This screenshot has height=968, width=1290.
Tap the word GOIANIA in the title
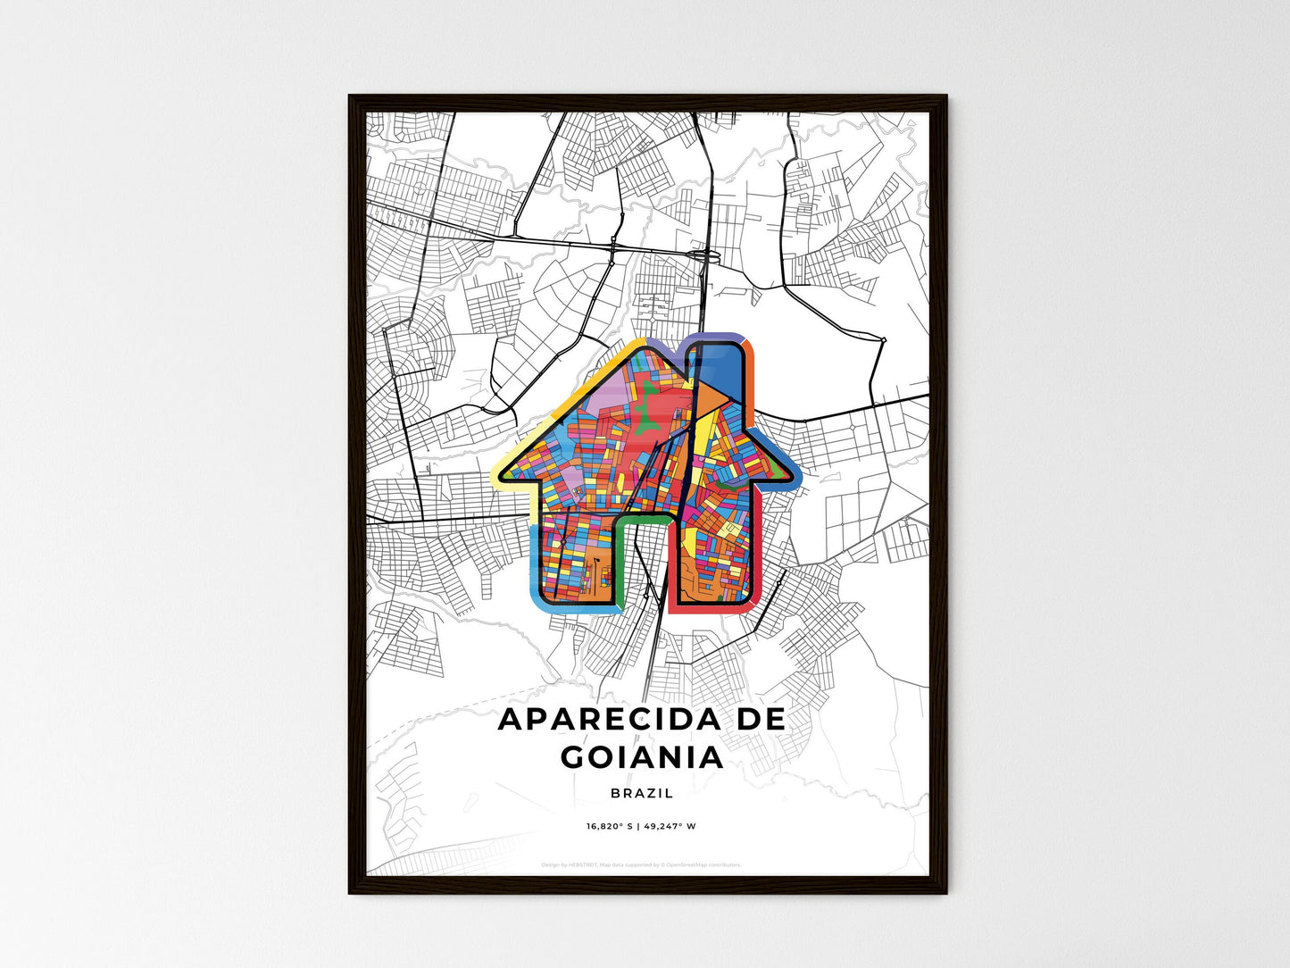pyautogui.click(x=642, y=757)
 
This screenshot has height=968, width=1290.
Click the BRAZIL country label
pyautogui.click(x=643, y=793)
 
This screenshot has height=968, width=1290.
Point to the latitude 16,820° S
pyautogui.click(x=609, y=826)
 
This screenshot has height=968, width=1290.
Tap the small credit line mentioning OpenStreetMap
pyautogui.click(x=641, y=864)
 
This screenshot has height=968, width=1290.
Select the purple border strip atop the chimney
pyautogui.click(x=717, y=338)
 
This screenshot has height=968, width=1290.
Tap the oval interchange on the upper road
pyautogui.click(x=708, y=257)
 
